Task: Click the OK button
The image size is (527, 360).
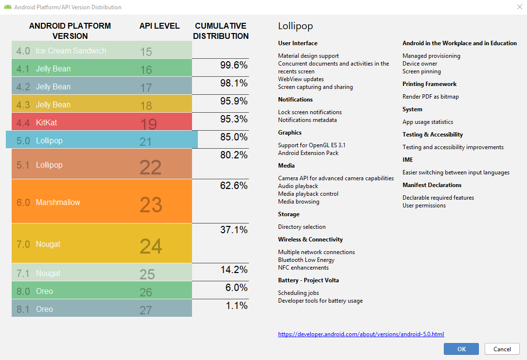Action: coord(461,349)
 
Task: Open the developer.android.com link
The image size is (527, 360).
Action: coord(361,334)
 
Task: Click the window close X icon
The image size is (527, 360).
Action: coord(519,7)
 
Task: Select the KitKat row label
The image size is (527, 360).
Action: coord(46,122)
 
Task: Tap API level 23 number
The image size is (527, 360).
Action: coord(151,205)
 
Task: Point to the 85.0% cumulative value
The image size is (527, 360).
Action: coord(234,137)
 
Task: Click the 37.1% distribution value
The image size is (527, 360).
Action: coord(234,229)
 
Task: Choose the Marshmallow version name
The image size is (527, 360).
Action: coord(58,202)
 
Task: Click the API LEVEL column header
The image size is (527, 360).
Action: coord(159,26)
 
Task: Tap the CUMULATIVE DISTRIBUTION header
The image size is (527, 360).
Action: coord(221,31)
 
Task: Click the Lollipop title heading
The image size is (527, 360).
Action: coord(296,26)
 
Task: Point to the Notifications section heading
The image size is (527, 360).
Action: coord(295,100)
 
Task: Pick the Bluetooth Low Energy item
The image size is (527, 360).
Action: coord(306,260)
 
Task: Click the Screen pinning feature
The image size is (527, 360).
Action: coord(422,71)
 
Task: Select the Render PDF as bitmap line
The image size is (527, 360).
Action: coord(430,97)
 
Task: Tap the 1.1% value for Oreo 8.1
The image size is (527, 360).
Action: coord(237,306)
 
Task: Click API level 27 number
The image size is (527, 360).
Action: coord(146,310)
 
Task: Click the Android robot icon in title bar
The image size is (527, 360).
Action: coord(7,7)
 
